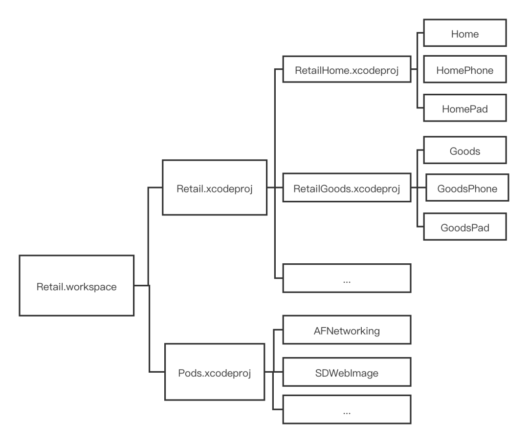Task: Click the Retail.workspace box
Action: point(76,285)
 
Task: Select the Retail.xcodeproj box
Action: point(215,188)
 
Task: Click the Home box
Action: point(464,33)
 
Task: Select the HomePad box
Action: point(464,108)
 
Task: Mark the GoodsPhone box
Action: point(467,188)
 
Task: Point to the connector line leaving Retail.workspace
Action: point(141,285)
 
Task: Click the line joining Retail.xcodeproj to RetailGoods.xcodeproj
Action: point(275,188)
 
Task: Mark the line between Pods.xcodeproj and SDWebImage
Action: point(274,372)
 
